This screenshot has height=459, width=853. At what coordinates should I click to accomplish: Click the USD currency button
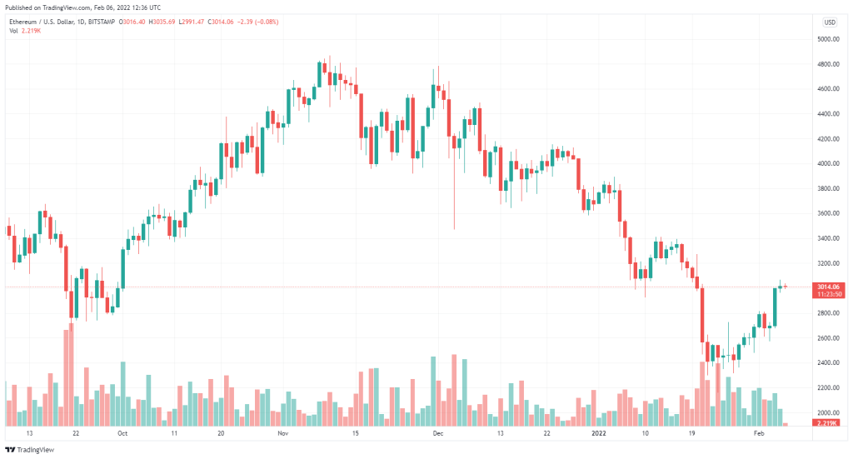point(830,22)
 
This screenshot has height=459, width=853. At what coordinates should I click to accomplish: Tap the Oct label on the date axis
point(122,434)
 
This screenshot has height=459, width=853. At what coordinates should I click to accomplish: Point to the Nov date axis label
point(282,434)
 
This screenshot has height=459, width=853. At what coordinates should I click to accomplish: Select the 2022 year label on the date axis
point(598,434)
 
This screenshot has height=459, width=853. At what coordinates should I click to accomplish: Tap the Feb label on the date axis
point(758,434)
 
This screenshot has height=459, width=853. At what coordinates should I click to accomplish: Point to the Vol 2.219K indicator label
point(24,31)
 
